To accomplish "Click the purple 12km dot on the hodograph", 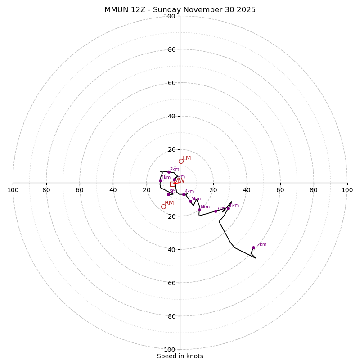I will click(x=253, y=247).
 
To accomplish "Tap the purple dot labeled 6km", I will click(x=199, y=210).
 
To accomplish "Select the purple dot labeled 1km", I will click(x=160, y=181).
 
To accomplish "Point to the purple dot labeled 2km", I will click(x=169, y=172).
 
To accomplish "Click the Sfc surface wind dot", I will click(x=169, y=194).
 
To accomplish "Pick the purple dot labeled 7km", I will click(x=216, y=211).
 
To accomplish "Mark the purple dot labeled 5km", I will click(x=190, y=201).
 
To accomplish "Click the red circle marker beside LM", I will click(x=181, y=162).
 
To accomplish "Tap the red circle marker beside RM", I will click(x=163, y=207).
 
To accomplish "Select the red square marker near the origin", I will click(x=172, y=184).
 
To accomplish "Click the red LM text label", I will click(x=187, y=158).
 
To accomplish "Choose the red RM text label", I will click(x=169, y=203).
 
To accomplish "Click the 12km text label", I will click(x=261, y=245).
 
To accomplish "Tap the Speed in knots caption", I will click(x=180, y=356).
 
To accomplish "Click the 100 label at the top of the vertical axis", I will click(x=170, y=17).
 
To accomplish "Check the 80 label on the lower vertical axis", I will click(x=171, y=316).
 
